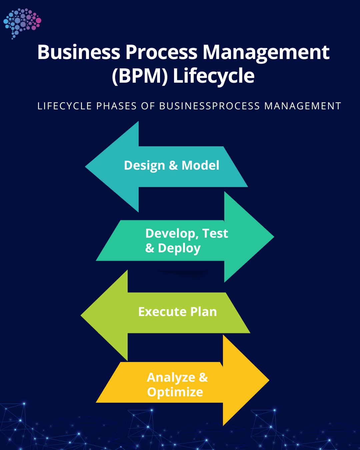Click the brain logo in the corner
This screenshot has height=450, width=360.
tap(22, 23)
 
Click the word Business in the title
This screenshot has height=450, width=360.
tap(79, 52)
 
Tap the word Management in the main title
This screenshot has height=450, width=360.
tap(266, 52)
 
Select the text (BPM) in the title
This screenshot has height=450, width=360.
tap(140, 76)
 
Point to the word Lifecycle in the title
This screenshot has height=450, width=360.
tap(214, 76)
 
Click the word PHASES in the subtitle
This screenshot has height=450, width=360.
tap(116, 106)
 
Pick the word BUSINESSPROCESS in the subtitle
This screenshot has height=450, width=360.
tap(209, 106)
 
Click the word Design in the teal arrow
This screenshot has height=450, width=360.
tap(144, 166)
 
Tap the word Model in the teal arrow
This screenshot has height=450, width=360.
tap(200, 165)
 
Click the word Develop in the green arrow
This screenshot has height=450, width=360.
tap(170, 234)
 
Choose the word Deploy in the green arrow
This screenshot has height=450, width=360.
tap(179, 248)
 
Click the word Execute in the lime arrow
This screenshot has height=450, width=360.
tap(162, 312)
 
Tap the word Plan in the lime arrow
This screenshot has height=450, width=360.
tap(203, 312)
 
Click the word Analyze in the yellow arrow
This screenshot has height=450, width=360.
tap(171, 378)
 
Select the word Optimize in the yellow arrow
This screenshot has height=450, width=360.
tap(175, 392)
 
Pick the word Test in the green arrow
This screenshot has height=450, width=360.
tap(215, 233)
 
